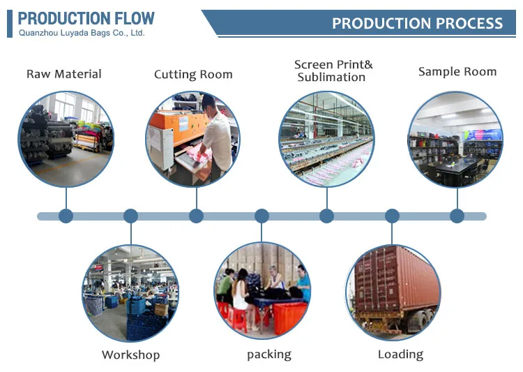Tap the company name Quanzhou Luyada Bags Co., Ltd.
pyautogui.click(x=82, y=33)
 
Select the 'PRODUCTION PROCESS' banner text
pyautogui.click(x=417, y=23)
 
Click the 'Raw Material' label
pyautogui.click(x=64, y=74)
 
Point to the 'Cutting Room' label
pyautogui.click(x=193, y=75)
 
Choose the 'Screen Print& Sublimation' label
pyautogui.click(x=333, y=71)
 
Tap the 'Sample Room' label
pyautogui.click(x=457, y=72)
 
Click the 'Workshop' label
pyautogui.click(x=130, y=355)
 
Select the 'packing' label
pyautogui.click(x=268, y=355)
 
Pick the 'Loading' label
pyautogui.click(x=400, y=355)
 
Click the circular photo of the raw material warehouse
pyautogui.click(x=66, y=139)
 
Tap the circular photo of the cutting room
pyautogui.click(x=193, y=139)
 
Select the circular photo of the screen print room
pyautogui.click(x=326, y=139)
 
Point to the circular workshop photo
pyautogui.click(x=130, y=292)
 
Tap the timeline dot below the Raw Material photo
pyautogui.click(x=66, y=216)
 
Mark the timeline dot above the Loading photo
pyautogui.click(x=392, y=216)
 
